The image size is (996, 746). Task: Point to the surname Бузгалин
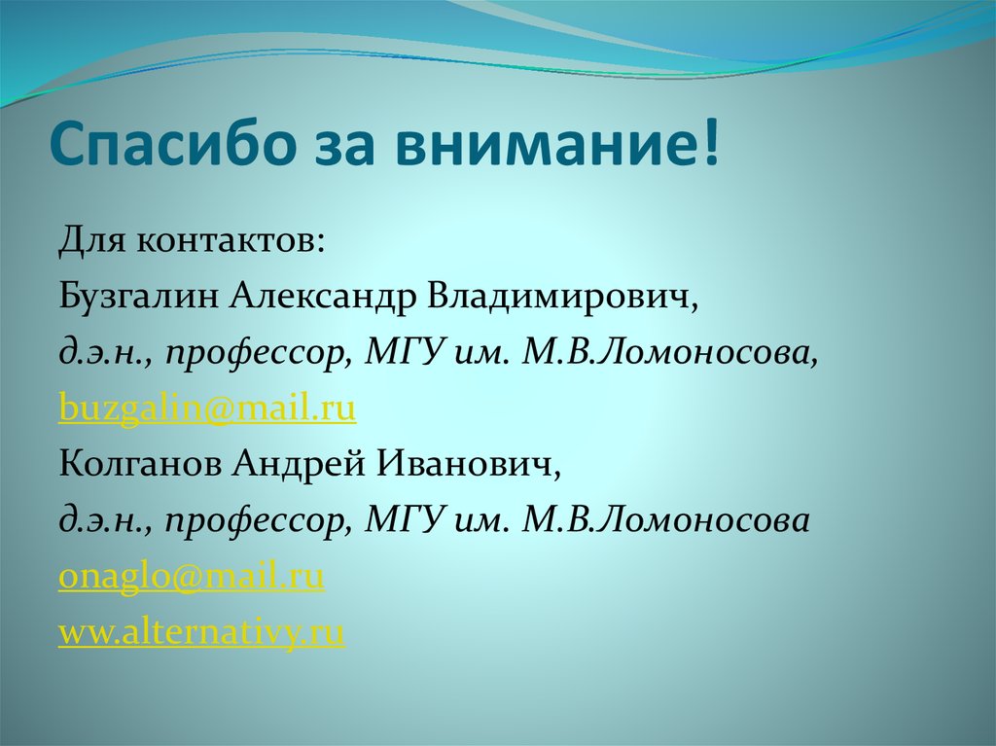[x=139, y=296]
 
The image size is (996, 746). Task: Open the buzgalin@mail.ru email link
[x=207, y=409]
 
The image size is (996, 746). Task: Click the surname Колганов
[x=138, y=465]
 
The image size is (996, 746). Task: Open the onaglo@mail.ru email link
[x=192, y=578]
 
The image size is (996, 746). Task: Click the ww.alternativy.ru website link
[x=202, y=634]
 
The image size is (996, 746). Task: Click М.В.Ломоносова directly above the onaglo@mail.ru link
[x=665, y=521]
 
